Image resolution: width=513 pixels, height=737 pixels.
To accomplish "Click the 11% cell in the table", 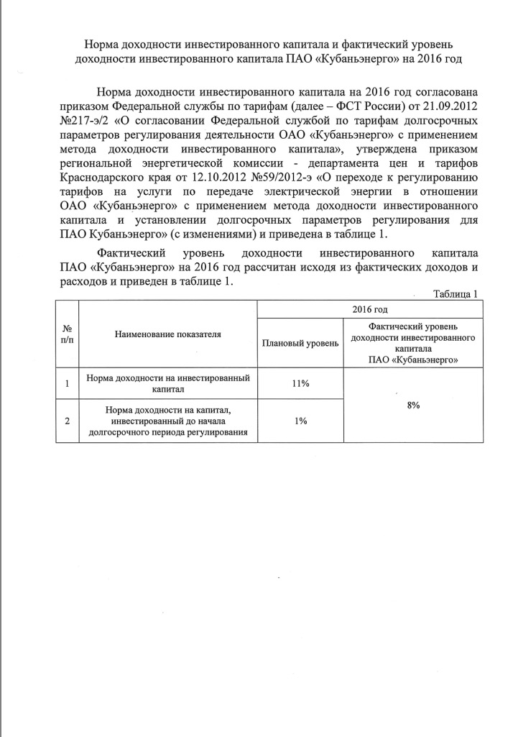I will point(300,384).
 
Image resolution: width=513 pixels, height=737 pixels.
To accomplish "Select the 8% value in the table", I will point(413,406).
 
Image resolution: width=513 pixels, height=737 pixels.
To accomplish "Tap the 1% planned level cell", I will point(300,421).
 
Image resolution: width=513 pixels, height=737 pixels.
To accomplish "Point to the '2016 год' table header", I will point(370,309).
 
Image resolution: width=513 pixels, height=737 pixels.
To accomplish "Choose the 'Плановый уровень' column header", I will point(300,343).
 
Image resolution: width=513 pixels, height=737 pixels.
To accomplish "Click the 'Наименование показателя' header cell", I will point(167,334).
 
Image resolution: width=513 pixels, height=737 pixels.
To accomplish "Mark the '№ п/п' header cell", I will point(67,334).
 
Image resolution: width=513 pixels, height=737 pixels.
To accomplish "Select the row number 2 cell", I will point(67,421).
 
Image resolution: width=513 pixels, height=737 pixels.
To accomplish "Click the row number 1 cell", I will point(67,384).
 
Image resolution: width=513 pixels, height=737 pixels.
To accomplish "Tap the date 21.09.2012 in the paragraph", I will point(453,107).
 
